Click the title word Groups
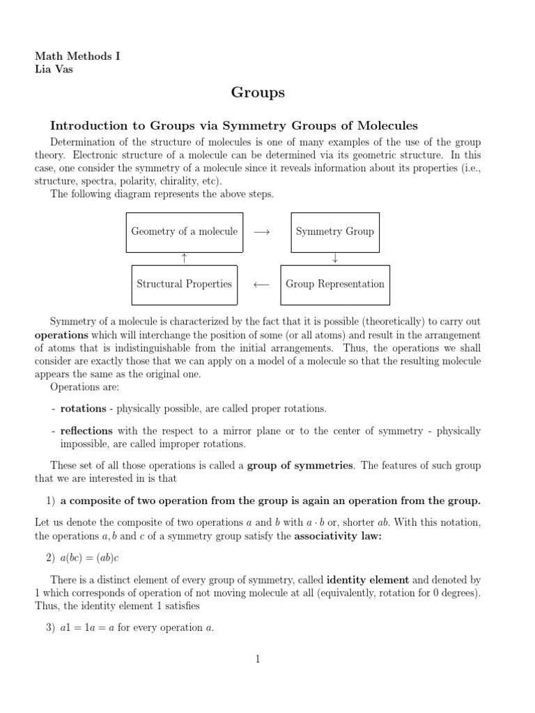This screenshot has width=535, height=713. coord(258,93)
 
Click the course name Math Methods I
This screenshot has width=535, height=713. coord(77,56)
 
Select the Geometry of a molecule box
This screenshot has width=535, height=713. coord(185,232)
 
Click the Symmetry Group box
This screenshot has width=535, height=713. coord(334,232)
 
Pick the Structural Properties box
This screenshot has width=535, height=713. coord(184,284)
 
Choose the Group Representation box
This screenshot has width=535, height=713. coord(334,284)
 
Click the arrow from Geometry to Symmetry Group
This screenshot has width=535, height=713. coord(262,232)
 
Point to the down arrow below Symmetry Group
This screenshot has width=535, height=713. coord(335,258)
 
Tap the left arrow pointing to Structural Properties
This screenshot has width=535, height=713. coord(261,284)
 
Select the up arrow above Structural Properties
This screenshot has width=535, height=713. coord(185,258)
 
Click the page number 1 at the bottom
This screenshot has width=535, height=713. coord(258,659)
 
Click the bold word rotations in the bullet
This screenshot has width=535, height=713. coord(83,408)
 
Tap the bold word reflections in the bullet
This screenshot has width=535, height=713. coord(86,431)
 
